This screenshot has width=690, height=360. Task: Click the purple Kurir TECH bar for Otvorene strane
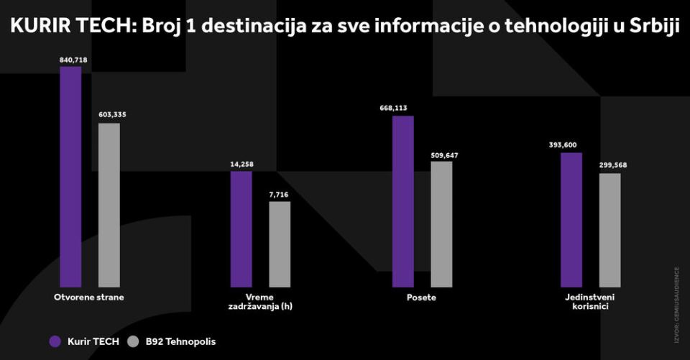tap(70, 177)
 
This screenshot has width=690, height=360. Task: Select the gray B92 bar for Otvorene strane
tap(109, 205)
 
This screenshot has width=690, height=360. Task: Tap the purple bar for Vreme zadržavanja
tap(241, 229)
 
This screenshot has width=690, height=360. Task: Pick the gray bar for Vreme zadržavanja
tap(280, 244)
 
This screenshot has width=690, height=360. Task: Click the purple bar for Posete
tap(403, 201)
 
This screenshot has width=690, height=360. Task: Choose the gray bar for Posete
tap(441, 224)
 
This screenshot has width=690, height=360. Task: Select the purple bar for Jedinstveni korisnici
tap(571, 220)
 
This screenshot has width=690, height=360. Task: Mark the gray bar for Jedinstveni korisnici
tap(609, 230)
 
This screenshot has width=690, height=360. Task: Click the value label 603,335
tap(111, 114)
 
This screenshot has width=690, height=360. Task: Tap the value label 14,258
tap(241, 165)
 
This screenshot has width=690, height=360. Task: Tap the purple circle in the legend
tap(55, 341)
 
